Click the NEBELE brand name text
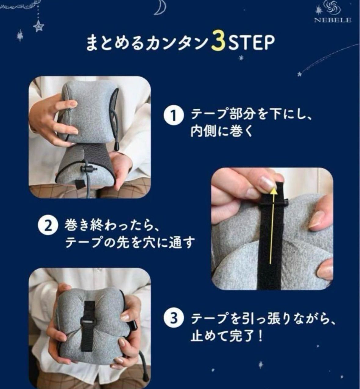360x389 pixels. click(333, 20)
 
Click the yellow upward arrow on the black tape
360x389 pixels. click(272, 225)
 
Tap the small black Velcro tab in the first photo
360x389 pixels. click(79, 184)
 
